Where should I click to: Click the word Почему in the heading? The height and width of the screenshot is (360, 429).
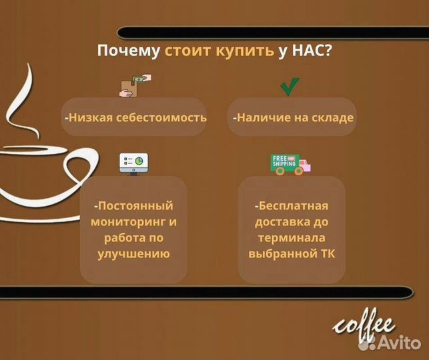[x=129, y=52]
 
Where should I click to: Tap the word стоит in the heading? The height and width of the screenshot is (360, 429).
[x=187, y=52]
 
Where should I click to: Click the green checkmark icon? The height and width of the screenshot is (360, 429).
[x=289, y=87]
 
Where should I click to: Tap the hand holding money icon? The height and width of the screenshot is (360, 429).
[x=135, y=87]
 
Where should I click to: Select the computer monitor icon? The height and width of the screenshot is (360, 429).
[x=133, y=162]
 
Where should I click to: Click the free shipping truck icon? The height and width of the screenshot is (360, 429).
[x=290, y=163]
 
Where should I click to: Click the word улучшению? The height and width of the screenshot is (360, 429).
[x=133, y=253]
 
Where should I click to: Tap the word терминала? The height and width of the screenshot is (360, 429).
[x=292, y=237]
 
